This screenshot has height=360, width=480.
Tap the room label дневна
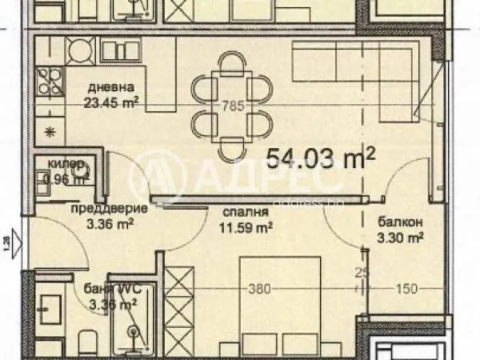point(104,88)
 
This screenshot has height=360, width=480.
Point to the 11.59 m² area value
point(247,227)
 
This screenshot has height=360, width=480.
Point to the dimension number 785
point(233,104)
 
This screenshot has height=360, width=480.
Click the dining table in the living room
point(232,104)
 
